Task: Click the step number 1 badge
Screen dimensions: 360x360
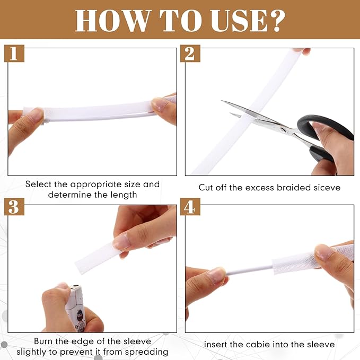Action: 14,54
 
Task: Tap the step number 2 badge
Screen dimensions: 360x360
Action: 190,54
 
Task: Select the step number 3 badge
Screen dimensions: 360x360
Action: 14,207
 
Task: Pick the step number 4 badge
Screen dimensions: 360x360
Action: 190,207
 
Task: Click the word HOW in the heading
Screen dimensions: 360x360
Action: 113,21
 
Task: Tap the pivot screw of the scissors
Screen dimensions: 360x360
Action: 284,130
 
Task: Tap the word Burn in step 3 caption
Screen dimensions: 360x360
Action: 45,341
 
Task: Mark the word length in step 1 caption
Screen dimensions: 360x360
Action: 124,195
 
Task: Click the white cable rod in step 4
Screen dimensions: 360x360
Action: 249,270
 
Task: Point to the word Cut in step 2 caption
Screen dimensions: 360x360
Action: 206,188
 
